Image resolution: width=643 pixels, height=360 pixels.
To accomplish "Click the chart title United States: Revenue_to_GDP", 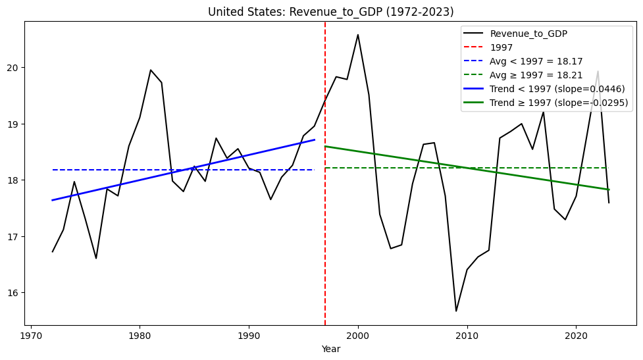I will point(330,12).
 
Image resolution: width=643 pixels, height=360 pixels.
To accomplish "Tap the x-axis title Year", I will point(330,349).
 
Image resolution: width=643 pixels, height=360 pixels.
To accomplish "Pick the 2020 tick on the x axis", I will point(576,334).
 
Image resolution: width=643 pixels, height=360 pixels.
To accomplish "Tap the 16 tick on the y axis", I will point(15,293).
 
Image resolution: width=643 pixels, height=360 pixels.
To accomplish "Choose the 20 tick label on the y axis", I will point(15,68).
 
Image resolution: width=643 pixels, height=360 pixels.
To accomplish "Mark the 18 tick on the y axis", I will point(15,180).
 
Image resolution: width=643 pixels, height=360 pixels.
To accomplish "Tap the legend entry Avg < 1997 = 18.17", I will point(532,61).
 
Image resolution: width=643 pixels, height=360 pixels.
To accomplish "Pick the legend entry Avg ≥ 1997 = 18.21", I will point(532,75).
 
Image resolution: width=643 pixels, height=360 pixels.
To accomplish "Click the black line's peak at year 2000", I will point(358,35).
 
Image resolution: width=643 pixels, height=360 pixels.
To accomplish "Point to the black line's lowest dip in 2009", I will point(456,311).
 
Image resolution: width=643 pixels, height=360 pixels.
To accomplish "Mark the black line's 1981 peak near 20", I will point(151,70).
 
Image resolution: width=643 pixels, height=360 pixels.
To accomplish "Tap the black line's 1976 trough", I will point(96,258).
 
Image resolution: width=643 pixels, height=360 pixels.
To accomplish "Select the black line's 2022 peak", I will point(598,72).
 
